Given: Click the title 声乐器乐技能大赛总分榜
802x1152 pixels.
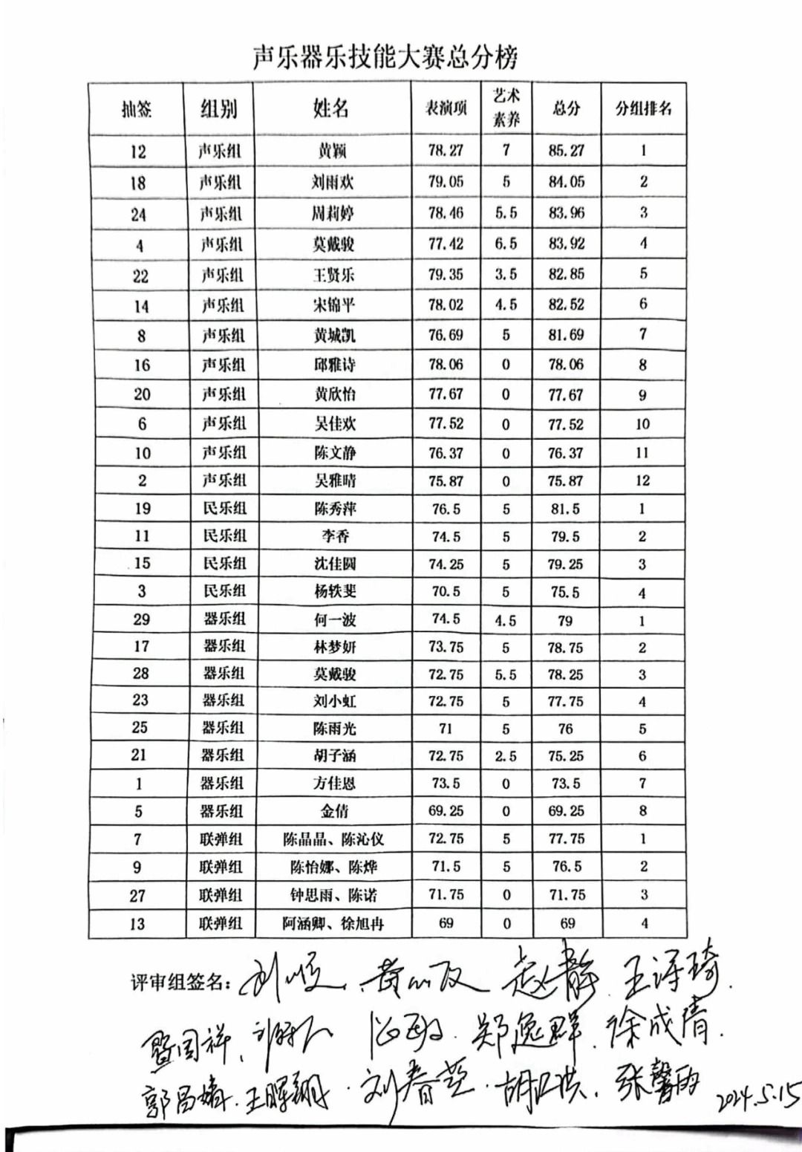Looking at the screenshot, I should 385,56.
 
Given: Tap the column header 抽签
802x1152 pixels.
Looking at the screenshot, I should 137,109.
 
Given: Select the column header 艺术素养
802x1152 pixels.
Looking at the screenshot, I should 506,107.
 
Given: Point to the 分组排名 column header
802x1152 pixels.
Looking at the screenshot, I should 643,108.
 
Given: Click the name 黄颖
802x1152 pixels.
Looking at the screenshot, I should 332,152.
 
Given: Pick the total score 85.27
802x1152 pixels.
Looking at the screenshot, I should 566,151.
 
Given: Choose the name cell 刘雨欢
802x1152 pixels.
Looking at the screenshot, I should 332,182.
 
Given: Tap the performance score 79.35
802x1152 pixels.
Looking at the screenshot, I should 446,274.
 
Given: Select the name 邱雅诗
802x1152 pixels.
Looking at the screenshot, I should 334,365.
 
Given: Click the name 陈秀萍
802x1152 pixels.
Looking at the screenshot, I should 335,509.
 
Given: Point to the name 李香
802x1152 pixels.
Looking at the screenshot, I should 335,536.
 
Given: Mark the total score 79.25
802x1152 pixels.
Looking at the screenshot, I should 565,564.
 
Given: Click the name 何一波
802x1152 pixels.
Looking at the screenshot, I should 335,619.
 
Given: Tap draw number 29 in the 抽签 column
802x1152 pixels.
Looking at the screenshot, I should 141,619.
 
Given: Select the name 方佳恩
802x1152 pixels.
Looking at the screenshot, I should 334,784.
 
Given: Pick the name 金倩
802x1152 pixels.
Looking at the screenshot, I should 334,811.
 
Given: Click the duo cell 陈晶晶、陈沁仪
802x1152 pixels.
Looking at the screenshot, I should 333,839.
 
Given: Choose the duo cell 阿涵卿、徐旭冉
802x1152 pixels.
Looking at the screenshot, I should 333,924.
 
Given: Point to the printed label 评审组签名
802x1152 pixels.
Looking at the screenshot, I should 180,982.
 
